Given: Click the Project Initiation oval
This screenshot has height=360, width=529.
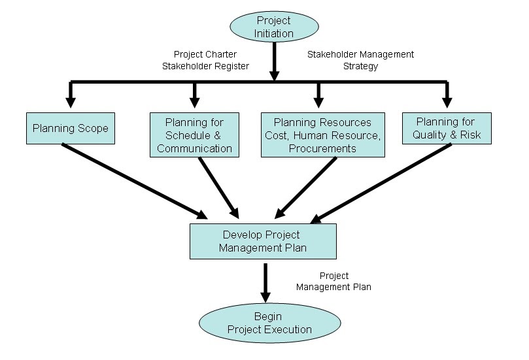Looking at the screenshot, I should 273,27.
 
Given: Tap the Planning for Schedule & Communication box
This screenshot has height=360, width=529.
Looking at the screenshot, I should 194,135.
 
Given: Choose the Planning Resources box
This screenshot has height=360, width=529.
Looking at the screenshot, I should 322,135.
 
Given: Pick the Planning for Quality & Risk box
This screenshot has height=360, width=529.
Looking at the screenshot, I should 447,128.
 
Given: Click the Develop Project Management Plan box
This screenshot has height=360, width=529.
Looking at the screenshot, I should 263,241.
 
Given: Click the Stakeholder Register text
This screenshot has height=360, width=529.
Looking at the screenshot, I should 205,65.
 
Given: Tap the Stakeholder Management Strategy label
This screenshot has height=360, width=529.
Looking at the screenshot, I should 360,59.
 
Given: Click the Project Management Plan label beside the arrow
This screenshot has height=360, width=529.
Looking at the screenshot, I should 333,281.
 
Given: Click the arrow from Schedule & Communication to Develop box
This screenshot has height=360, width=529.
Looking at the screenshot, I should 218,187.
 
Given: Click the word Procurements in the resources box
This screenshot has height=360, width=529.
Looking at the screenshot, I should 321,148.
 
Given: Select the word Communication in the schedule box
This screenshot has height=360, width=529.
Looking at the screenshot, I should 194,148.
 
